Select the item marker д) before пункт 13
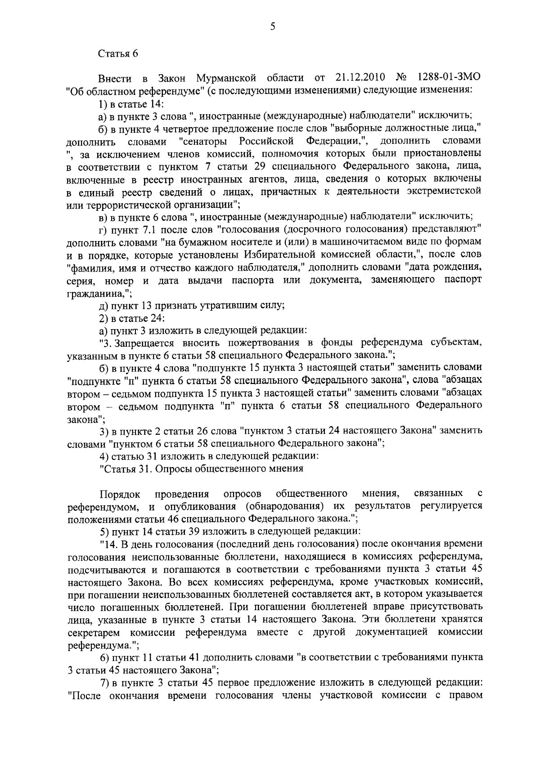pos(103,306)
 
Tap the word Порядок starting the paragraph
pos(120,494)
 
